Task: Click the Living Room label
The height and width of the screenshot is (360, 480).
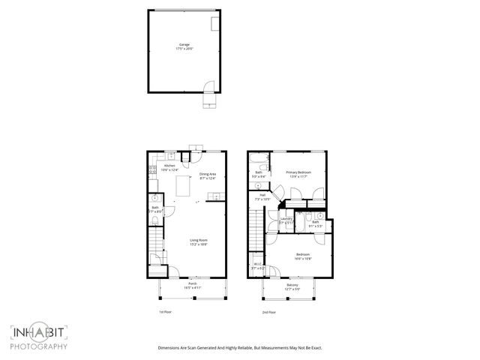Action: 198,241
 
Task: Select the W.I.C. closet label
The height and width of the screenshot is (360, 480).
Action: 256,265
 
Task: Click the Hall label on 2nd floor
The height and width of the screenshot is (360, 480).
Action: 262,197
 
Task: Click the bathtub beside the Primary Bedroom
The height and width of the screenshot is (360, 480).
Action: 258,163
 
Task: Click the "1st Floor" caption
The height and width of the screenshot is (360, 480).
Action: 166,311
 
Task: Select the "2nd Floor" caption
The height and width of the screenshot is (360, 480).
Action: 268,311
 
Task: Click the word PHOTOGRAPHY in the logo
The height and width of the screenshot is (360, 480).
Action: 39,346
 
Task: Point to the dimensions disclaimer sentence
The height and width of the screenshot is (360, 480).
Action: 239,348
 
